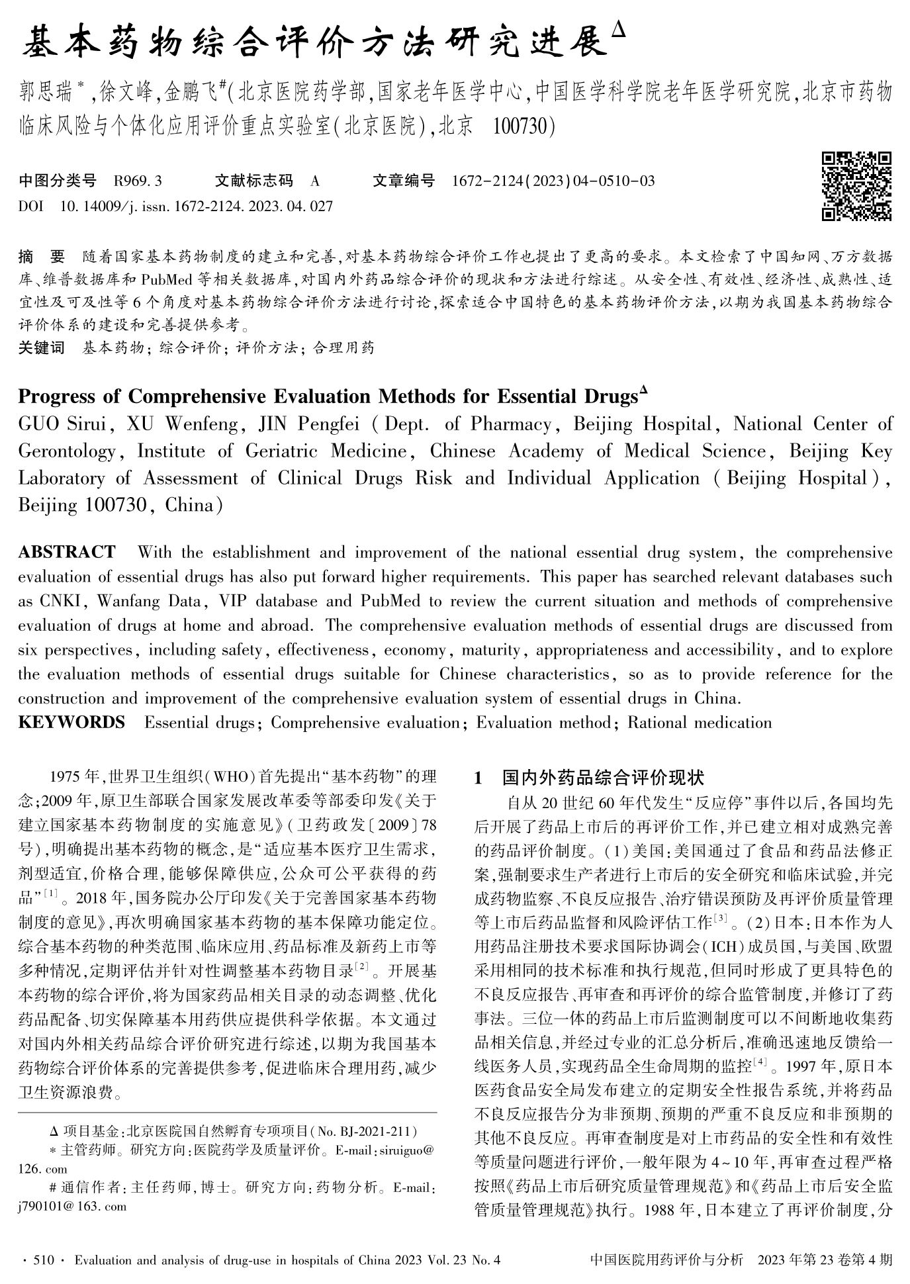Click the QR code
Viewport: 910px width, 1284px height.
(x=856, y=186)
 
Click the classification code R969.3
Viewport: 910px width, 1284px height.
(x=138, y=181)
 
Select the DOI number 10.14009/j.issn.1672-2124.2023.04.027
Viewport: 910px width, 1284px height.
(x=196, y=206)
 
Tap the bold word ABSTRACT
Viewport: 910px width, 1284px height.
(x=66, y=552)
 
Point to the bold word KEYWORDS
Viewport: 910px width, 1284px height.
(x=71, y=722)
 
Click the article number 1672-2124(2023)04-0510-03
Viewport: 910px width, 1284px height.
(x=553, y=181)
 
